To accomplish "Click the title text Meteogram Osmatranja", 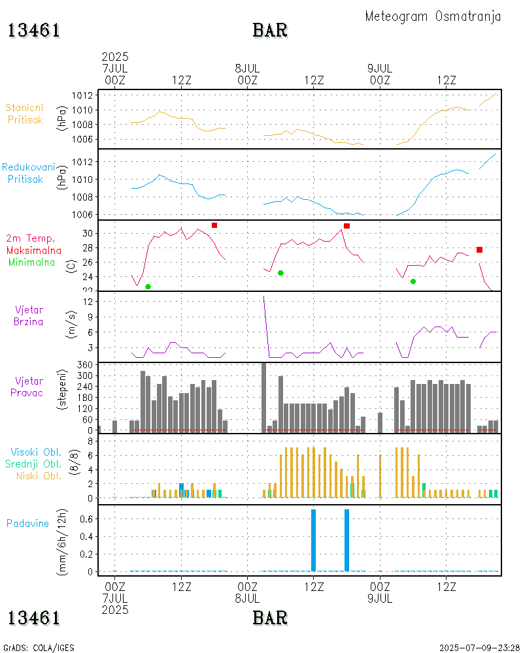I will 433,16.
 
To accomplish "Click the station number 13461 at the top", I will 34,30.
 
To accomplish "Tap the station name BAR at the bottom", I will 270,617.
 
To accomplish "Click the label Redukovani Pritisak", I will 28,173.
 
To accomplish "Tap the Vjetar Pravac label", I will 29,386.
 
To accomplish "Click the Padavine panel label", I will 27,523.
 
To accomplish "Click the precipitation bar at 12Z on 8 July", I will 313,539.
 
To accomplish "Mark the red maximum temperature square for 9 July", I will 479,249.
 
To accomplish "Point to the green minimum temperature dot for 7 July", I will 148,287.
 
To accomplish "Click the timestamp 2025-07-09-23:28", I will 479,648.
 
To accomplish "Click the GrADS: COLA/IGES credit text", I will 39,648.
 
